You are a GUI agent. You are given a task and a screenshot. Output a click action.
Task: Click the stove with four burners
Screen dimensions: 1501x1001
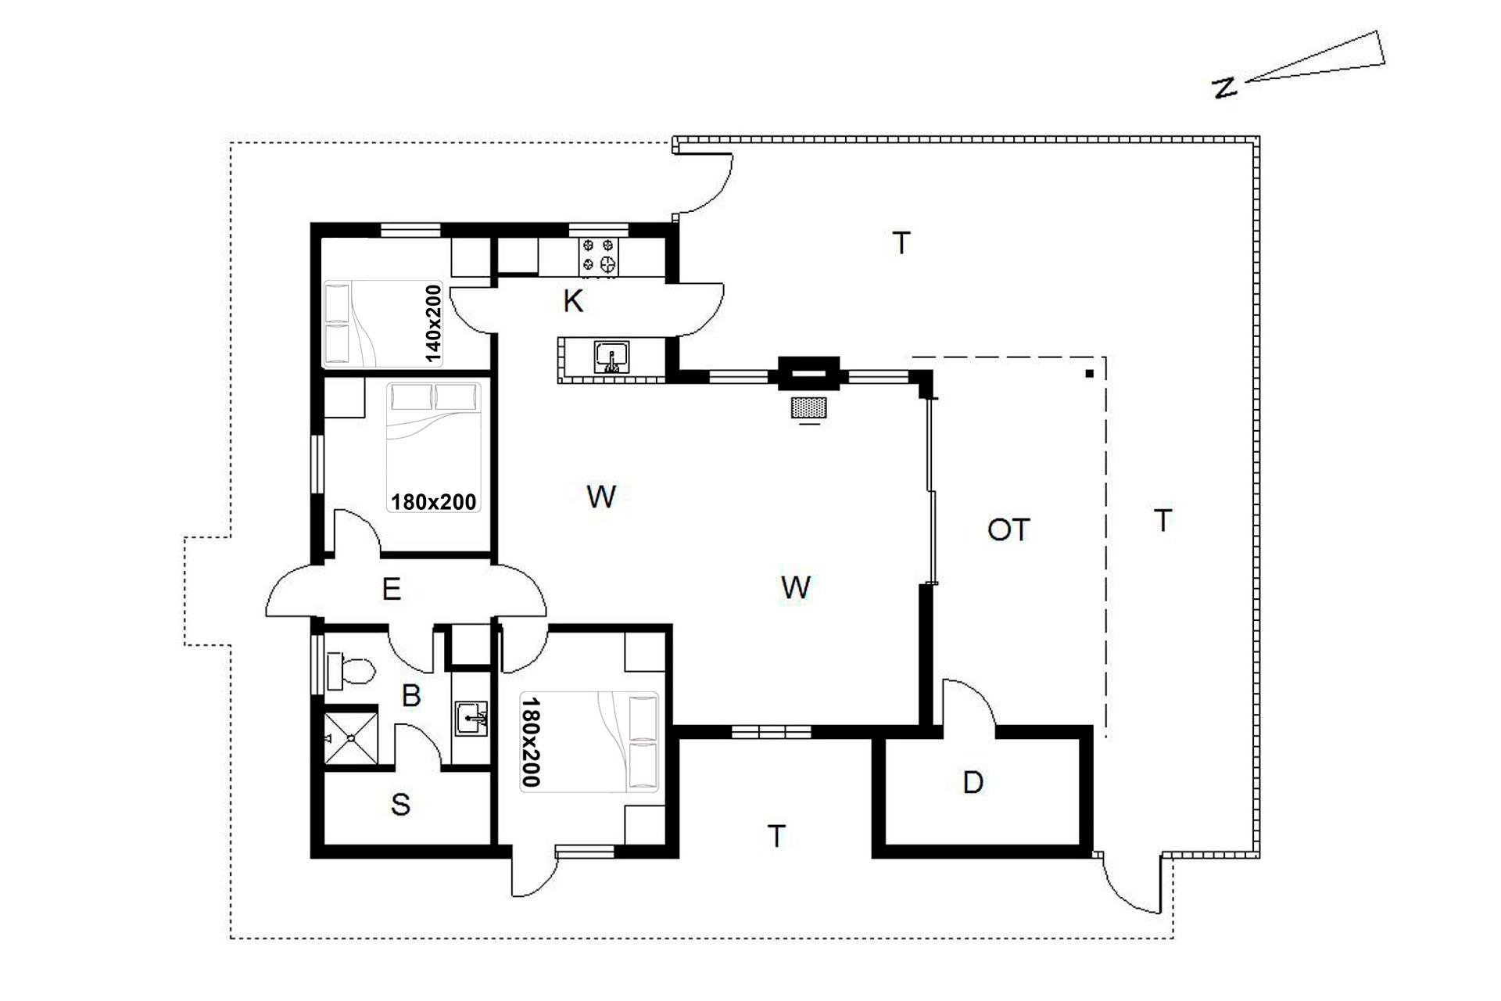599,257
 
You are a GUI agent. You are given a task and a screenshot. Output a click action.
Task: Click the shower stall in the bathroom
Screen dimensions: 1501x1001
351,737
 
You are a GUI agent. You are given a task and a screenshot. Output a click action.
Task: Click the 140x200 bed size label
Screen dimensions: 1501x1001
434,324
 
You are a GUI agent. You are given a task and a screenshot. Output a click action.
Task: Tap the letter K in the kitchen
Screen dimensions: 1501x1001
573,301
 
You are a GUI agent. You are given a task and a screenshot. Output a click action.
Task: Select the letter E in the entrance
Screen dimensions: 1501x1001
392,589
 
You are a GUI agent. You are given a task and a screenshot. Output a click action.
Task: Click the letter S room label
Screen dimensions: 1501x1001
400,805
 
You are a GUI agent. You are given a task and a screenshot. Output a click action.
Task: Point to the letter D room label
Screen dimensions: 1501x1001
973,782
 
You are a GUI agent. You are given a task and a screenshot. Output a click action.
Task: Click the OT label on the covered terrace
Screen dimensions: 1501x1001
1008,530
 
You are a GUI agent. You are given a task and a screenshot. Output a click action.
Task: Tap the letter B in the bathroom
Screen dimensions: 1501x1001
411,695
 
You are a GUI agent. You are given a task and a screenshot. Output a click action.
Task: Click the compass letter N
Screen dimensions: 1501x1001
1225,88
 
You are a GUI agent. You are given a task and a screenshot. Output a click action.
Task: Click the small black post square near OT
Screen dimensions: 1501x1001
1089,374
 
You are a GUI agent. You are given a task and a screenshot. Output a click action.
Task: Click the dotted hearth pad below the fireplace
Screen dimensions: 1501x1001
809,407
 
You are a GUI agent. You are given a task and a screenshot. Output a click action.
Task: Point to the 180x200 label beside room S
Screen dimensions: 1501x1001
531,742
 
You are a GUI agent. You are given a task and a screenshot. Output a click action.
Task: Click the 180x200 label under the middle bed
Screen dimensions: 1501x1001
434,501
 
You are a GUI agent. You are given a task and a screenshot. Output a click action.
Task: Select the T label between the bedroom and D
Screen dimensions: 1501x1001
776,836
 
